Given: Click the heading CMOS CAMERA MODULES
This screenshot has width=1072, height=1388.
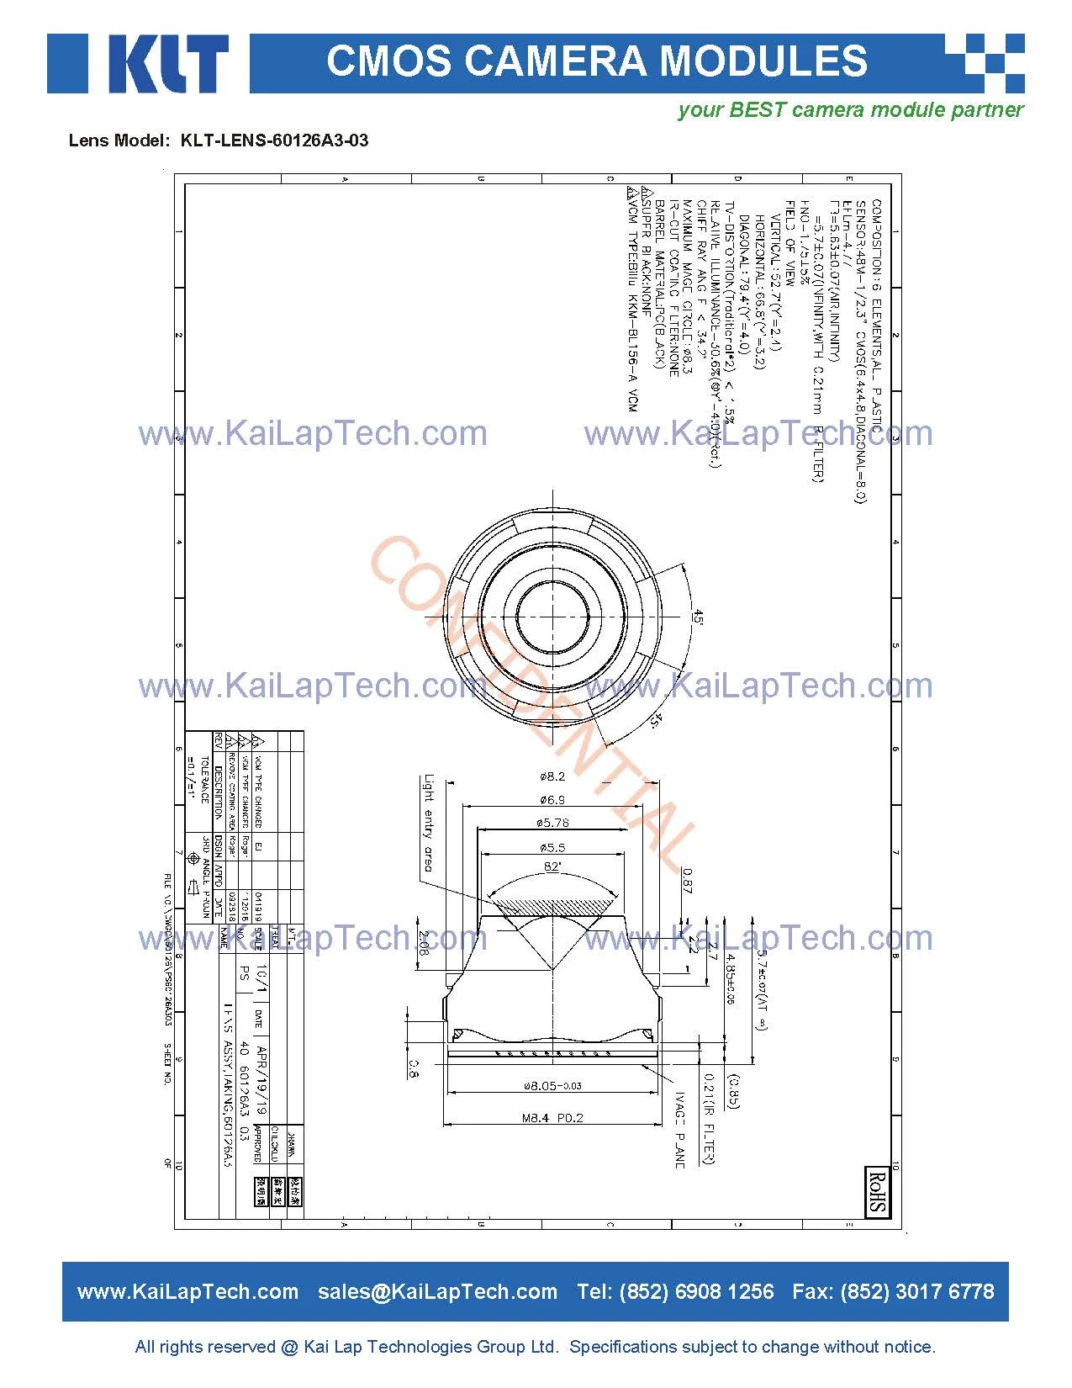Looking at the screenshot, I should [596, 61].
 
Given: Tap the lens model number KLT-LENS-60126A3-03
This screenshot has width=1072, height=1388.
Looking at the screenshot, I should [274, 140].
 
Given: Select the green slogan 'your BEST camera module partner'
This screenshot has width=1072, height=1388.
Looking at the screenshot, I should [850, 110].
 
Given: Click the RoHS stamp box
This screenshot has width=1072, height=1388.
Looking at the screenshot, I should [877, 1190].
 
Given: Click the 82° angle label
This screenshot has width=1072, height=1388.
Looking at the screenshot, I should [552, 866].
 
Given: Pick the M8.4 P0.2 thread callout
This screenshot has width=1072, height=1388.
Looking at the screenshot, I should [552, 1117].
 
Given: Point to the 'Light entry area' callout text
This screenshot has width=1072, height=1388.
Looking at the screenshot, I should [429, 823].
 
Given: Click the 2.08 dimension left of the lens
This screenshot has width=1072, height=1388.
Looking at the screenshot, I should [424, 943].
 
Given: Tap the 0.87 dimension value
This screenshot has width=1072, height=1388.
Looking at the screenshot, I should [687, 880].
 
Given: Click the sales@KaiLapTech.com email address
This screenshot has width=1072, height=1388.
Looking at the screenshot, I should [437, 1292].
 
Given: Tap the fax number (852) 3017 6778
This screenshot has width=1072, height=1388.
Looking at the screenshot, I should [917, 1292].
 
